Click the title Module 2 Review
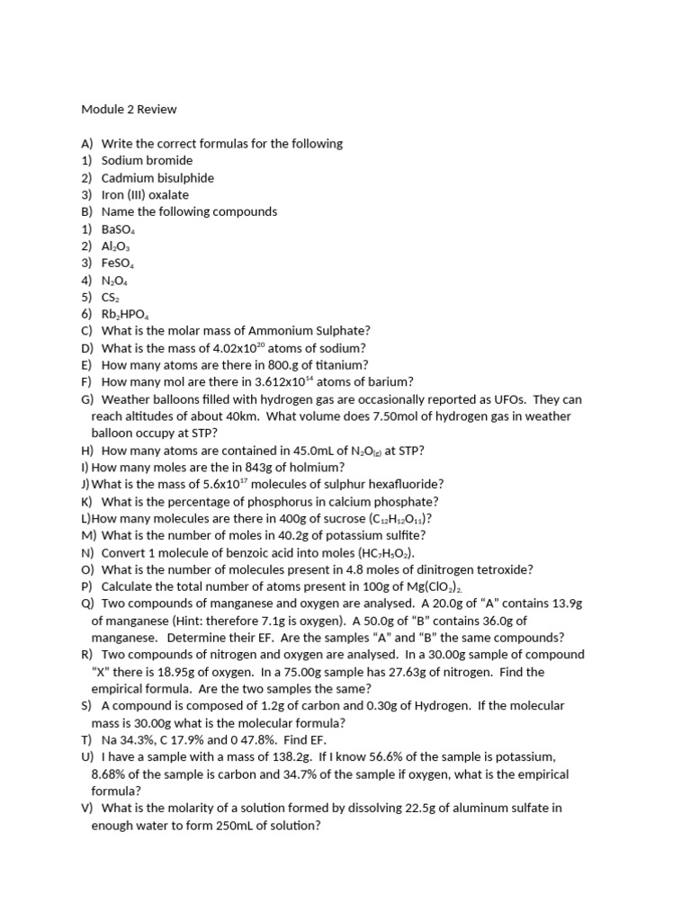point(129,110)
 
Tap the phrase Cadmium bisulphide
point(157,177)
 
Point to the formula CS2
point(111,297)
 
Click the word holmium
point(318,468)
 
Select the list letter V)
point(87,808)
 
